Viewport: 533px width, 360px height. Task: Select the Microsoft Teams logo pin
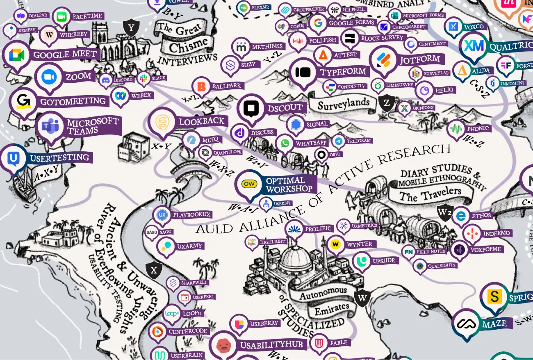[x=50, y=127]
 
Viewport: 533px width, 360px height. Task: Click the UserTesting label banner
[x=60, y=157]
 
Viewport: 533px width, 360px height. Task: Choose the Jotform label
[x=420, y=59]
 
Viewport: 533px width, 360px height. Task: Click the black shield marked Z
[x=386, y=103]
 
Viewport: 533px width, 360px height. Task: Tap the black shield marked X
[x=154, y=270]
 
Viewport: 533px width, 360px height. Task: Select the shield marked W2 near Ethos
[x=444, y=213]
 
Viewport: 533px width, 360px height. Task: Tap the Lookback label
[x=202, y=121]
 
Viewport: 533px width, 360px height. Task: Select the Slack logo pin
[x=144, y=78]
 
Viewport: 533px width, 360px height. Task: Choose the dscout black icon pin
[x=250, y=109]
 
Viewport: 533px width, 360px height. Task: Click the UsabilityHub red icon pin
[x=223, y=346]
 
